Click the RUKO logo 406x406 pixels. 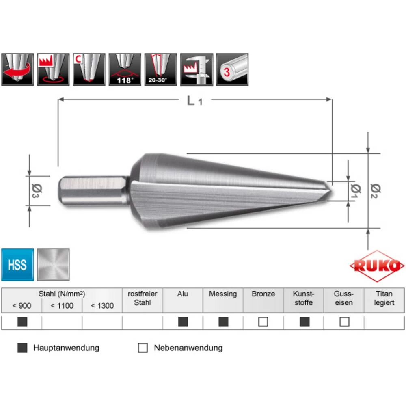(x=377, y=267)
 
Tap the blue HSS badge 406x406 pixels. (x=17, y=265)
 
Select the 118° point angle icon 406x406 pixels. (x=125, y=69)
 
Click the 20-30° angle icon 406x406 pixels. (x=160, y=69)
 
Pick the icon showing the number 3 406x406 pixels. (x=232, y=69)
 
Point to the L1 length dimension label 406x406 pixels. (x=194, y=101)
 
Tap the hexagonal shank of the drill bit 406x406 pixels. (x=93, y=190)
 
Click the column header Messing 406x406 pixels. (x=223, y=294)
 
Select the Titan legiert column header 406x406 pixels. (x=384, y=298)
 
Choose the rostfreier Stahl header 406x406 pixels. (x=143, y=298)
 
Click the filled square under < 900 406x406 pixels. (x=22, y=322)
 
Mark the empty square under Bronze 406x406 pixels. (x=263, y=322)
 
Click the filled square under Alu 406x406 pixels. (x=183, y=322)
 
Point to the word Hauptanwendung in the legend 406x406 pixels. (x=66, y=348)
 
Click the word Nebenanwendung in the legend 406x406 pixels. (x=188, y=348)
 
